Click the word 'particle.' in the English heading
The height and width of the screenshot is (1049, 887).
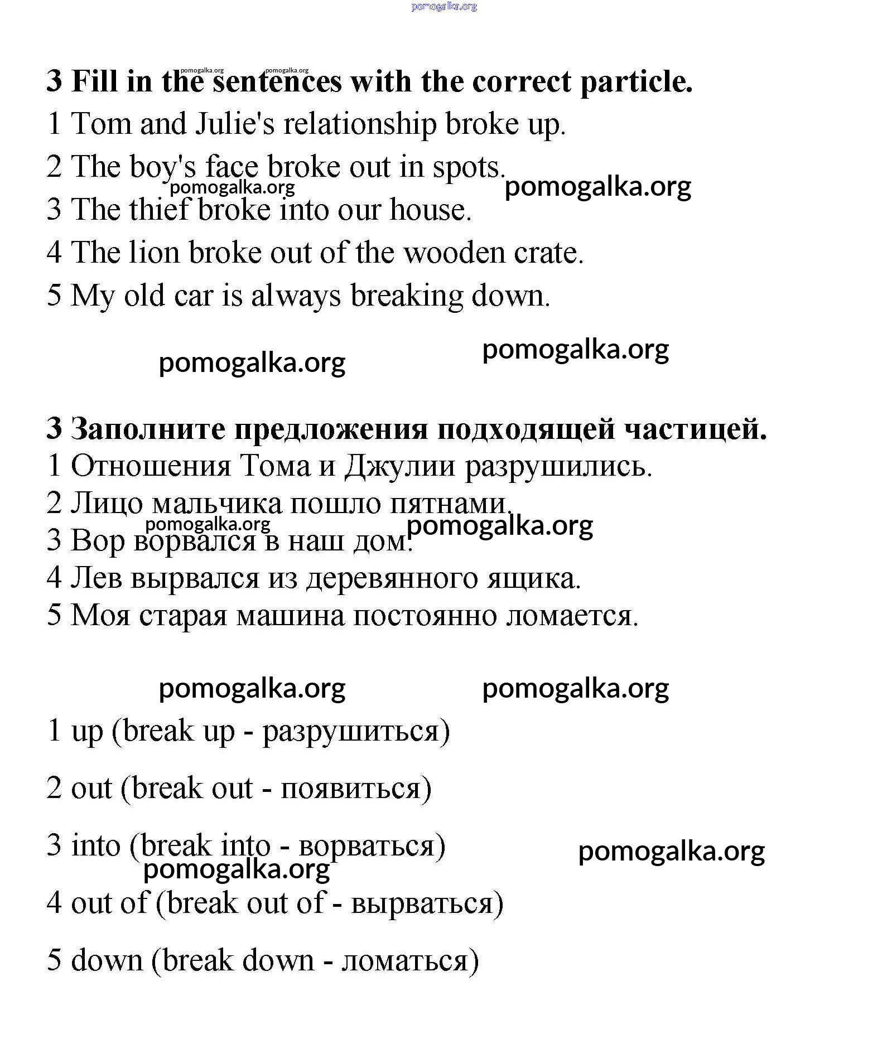point(637,83)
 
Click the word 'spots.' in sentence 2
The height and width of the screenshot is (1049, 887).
point(469,167)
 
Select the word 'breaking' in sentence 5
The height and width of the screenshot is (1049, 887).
point(407,296)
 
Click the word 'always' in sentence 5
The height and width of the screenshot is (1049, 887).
point(296,296)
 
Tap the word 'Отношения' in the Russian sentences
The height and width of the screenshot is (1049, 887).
point(151,466)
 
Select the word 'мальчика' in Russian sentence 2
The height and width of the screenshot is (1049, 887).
point(217,504)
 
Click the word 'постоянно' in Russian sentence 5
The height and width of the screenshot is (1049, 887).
point(425,616)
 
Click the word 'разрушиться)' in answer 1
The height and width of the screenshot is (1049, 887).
point(356,731)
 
